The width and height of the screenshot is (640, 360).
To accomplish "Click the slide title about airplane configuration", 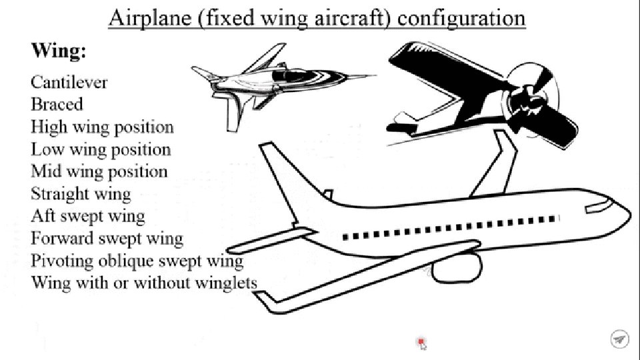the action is pos(317,17).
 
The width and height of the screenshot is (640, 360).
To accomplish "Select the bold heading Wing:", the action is pos(59,51).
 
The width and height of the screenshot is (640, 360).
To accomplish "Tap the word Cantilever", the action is pos(69,83).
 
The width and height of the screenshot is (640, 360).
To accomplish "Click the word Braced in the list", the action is pos(57,105).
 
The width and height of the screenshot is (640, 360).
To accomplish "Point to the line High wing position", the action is pos(102,127).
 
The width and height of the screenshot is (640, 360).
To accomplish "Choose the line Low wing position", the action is pos(101,149).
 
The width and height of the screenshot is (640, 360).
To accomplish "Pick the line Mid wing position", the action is pos(99,171).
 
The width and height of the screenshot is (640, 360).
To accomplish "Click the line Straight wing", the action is pos(81,194).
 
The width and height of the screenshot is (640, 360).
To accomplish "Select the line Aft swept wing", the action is pos(87,216).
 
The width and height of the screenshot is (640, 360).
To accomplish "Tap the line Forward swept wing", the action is pos(107,238).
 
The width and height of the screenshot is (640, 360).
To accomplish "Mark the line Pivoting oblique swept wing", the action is pos(137,261).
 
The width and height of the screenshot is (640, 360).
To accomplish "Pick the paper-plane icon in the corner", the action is pos(619,339).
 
